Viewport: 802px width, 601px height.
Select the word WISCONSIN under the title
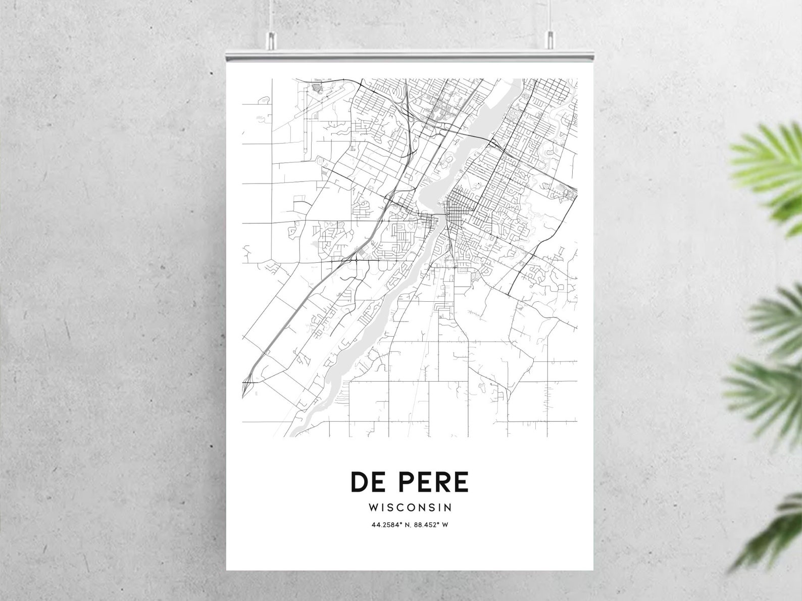[x=410, y=507]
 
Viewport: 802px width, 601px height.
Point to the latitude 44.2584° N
[x=391, y=525]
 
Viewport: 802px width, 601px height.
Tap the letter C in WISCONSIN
[x=403, y=507]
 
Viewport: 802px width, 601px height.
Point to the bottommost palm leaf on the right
[x=773, y=531]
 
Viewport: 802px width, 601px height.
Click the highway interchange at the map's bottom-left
[x=248, y=384]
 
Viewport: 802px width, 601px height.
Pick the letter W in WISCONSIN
[x=373, y=507]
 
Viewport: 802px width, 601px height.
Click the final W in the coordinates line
[x=445, y=525]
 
